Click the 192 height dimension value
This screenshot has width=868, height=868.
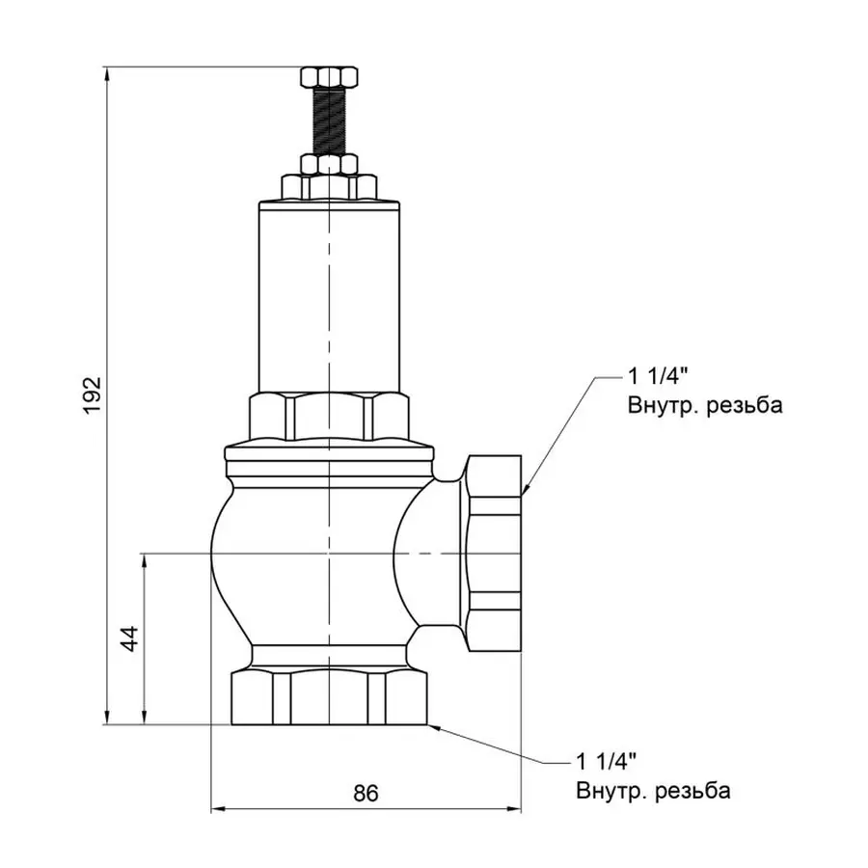coord(92,395)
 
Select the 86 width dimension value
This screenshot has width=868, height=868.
coord(365,794)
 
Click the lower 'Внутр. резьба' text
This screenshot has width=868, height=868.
coord(654,792)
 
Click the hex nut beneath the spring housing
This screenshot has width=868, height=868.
coord(329,415)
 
